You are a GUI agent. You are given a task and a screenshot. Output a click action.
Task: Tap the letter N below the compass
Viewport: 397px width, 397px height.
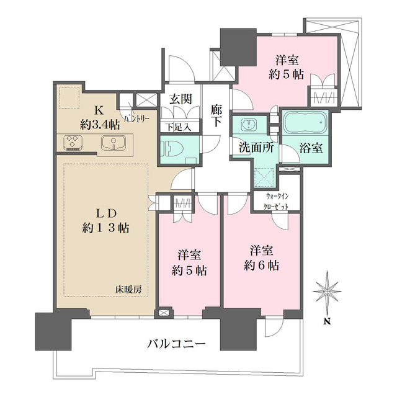(x=327, y=321)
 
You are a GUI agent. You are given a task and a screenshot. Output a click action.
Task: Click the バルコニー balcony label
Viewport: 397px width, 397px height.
(x=176, y=343)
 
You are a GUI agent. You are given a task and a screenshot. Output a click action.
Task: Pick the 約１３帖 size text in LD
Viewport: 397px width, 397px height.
(x=105, y=227)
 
